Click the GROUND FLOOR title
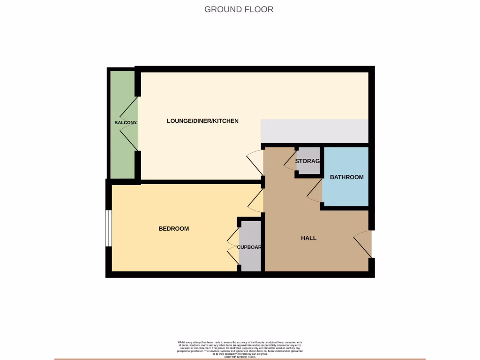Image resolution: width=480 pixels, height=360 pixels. click(x=239, y=9)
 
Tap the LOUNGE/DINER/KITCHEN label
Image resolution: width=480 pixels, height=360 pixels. click(x=202, y=121)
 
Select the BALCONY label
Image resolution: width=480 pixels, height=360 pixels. click(x=125, y=123)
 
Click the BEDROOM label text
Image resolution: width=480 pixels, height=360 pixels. click(x=173, y=229)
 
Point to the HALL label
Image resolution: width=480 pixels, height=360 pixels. click(x=308, y=238)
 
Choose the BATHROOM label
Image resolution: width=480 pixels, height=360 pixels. click(x=346, y=177)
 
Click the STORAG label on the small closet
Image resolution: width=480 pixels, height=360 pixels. click(x=307, y=161)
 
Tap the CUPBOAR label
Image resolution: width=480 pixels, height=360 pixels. click(x=249, y=247)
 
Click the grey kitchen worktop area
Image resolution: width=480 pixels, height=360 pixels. click(x=314, y=131)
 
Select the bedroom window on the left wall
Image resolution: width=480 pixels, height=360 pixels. click(x=108, y=228)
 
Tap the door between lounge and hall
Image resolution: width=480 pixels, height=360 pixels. click(x=255, y=162)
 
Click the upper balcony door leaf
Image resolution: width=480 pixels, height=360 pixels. click(x=129, y=107)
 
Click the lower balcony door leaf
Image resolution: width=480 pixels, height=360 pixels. click(x=129, y=140)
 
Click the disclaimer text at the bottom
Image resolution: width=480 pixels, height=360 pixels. click(x=240, y=349)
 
